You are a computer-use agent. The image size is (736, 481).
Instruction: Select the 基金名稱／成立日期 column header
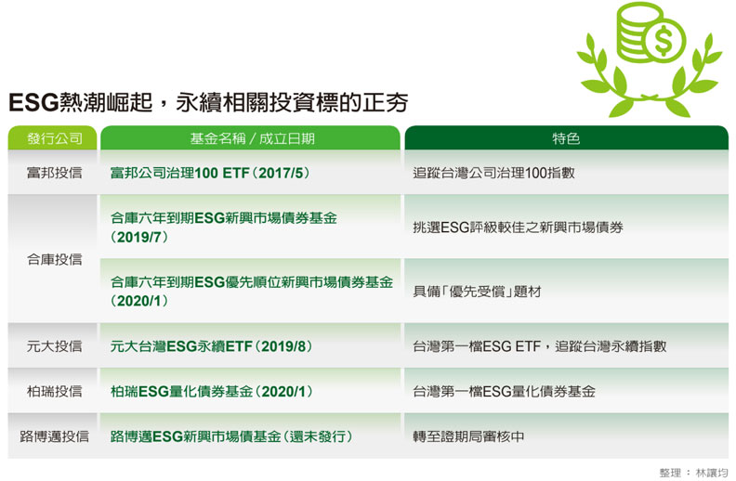pyautogui.click(x=252, y=138)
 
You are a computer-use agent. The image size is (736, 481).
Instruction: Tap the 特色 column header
pyautogui.click(x=565, y=138)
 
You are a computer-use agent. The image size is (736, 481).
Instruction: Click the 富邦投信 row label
pyautogui.click(x=54, y=173)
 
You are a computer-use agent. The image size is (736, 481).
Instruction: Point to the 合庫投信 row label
pyautogui.click(x=54, y=259)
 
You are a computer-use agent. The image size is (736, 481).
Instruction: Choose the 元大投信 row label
pyautogui.click(x=54, y=346)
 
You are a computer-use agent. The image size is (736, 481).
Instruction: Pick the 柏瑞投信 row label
pyautogui.click(x=54, y=391)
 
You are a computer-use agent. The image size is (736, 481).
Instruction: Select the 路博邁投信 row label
pyautogui.click(x=54, y=435)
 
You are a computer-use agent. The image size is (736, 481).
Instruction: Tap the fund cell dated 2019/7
pyautogui.click(x=223, y=227)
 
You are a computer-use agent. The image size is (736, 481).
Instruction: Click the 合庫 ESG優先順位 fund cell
pyautogui.click(x=251, y=291)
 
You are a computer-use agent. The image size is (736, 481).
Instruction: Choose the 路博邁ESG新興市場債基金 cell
pyautogui.click(x=231, y=435)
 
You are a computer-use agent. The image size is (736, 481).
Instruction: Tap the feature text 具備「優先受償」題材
pyautogui.click(x=477, y=291)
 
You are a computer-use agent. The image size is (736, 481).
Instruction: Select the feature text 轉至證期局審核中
pyautogui.click(x=469, y=435)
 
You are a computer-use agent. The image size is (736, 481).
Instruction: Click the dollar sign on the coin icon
pyautogui.click(x=664, y=40)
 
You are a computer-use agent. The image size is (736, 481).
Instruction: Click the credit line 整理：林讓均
pyautogui.click(x=692, y=472)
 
